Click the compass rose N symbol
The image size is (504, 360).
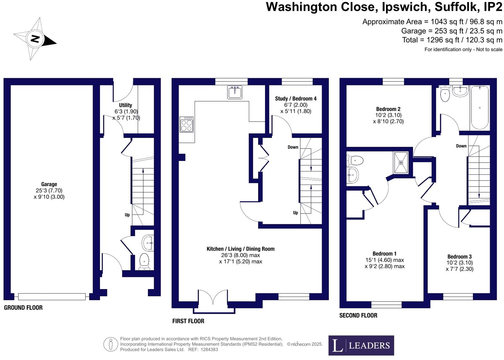point(35,39)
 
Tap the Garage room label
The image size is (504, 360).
point(49,184)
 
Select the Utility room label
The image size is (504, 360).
point(125,105)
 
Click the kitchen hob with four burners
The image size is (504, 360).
point(186,124)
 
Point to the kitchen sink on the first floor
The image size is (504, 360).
point(234,92)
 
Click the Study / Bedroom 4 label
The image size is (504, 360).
point(296,99)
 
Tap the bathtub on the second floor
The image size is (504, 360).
point(480,108)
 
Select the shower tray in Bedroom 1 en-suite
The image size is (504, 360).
point(401,162)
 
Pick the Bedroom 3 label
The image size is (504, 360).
point(459,257)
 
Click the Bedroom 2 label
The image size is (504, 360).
point(388,109)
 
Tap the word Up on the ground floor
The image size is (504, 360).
point(127,215)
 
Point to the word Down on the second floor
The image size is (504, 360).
point(461,146)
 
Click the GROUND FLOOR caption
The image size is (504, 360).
point(23,308)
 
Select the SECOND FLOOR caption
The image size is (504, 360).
point(358,315)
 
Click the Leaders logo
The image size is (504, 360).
point(361,345)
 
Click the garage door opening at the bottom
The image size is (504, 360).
point(52,297)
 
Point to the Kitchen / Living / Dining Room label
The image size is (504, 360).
point(240,249)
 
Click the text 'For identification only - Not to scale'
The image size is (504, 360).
point(463,50)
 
